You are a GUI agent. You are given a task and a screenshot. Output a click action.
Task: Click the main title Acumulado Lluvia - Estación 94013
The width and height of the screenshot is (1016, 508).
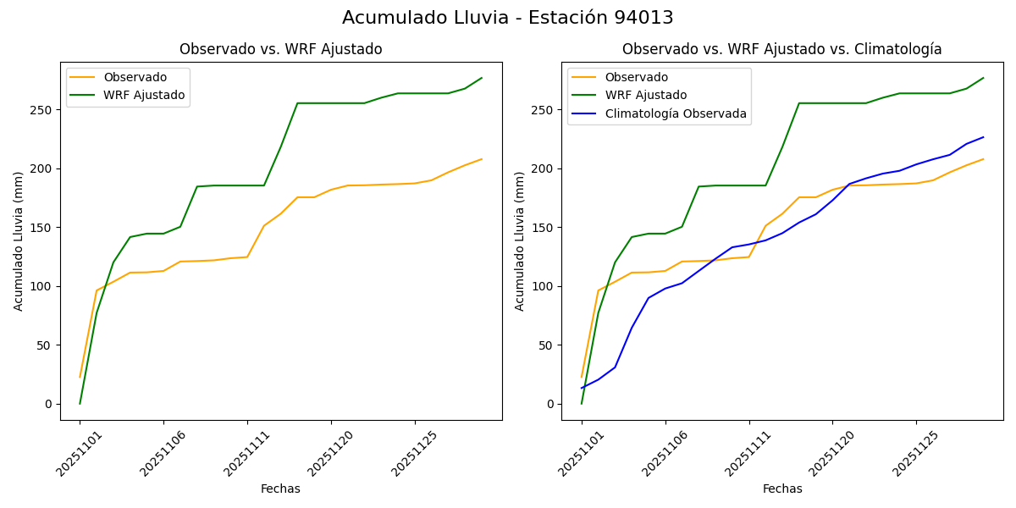click(508, 18)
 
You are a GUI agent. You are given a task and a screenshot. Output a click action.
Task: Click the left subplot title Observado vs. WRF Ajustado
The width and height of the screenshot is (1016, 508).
click(280, 49)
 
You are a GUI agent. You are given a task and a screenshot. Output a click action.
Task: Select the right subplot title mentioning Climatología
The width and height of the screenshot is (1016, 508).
click(781, 49)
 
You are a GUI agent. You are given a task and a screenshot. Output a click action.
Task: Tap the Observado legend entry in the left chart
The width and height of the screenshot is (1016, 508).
click(135, 77)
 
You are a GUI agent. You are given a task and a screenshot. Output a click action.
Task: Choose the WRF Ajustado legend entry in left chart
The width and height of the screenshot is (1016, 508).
click(144, 95)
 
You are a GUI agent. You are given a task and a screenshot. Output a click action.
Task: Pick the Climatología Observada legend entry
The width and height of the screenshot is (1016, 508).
click(676, 113)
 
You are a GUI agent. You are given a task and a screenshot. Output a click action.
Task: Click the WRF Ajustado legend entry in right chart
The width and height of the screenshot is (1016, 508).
click(645, 95)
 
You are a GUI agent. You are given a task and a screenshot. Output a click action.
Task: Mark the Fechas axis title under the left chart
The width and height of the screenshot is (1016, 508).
click(280, 489)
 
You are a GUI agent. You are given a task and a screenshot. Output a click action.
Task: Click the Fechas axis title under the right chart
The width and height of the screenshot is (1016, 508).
click(782, 489)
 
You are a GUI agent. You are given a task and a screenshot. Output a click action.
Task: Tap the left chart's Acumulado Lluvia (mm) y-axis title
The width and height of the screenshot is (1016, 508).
click(19, 241)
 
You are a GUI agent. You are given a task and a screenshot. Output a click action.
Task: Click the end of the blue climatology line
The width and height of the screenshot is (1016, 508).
click(983, 137)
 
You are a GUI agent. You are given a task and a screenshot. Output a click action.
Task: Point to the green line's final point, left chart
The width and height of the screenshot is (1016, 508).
click(482, 78)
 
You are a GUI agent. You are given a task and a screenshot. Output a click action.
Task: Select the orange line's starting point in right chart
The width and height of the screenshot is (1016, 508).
click(582, 378)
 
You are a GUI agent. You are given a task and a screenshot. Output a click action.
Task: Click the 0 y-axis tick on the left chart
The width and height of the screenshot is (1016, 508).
click(49, 404)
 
